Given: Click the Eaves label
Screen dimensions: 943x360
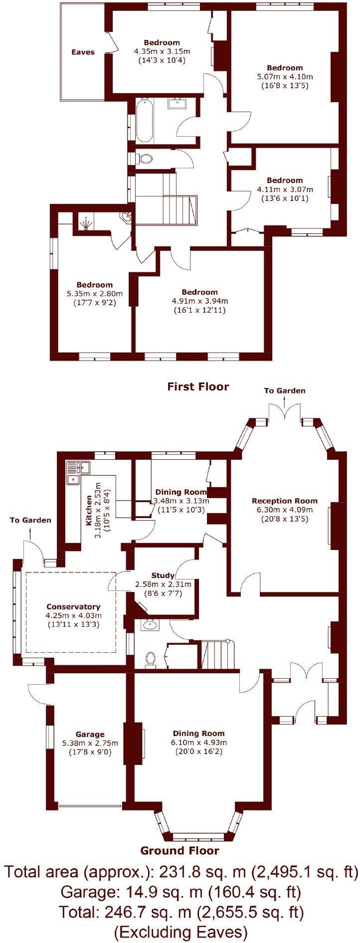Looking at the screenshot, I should (x=83, y=52).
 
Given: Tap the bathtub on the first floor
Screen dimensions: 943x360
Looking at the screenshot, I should (x=144, y=121).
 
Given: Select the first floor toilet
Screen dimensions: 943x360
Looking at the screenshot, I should (x=145, y=159).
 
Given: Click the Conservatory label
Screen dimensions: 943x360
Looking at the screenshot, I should (x=73, y=607).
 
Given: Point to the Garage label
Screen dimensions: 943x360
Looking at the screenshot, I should (x=90, y=734).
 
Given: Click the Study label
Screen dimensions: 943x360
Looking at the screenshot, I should (x=163, y=575).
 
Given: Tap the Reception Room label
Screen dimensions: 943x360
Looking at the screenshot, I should (x=284, y=501).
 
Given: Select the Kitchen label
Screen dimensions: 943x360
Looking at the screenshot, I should (x=89, y=510).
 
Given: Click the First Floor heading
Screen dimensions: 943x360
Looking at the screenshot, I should (x=198, y=386).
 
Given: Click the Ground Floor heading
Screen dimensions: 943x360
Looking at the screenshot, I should (x=180, y=851).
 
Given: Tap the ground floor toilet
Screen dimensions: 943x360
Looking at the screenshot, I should (x=150, y=659).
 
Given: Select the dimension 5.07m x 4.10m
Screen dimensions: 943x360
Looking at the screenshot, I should (x=285, y=77).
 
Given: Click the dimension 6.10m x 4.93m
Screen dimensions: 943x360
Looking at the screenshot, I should (x=198, y=743).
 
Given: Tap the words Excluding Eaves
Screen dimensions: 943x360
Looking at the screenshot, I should (x=180, y=928).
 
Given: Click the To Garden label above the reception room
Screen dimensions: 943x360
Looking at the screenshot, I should (x=285, y=390).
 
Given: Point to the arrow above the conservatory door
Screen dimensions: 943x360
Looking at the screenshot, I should (x=30, y=533).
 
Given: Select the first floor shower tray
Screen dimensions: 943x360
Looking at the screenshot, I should (x=88, y=222).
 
